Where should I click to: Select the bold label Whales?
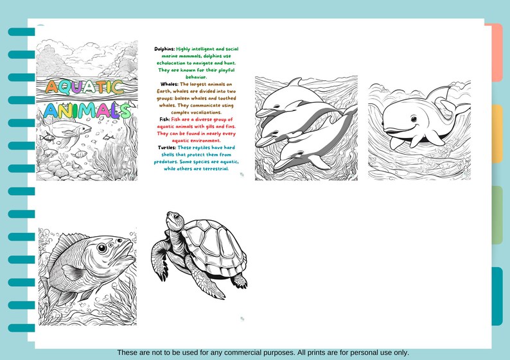pos(170,84)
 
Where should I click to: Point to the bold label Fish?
pos(165,119)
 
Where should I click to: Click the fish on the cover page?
pos(64,132)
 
